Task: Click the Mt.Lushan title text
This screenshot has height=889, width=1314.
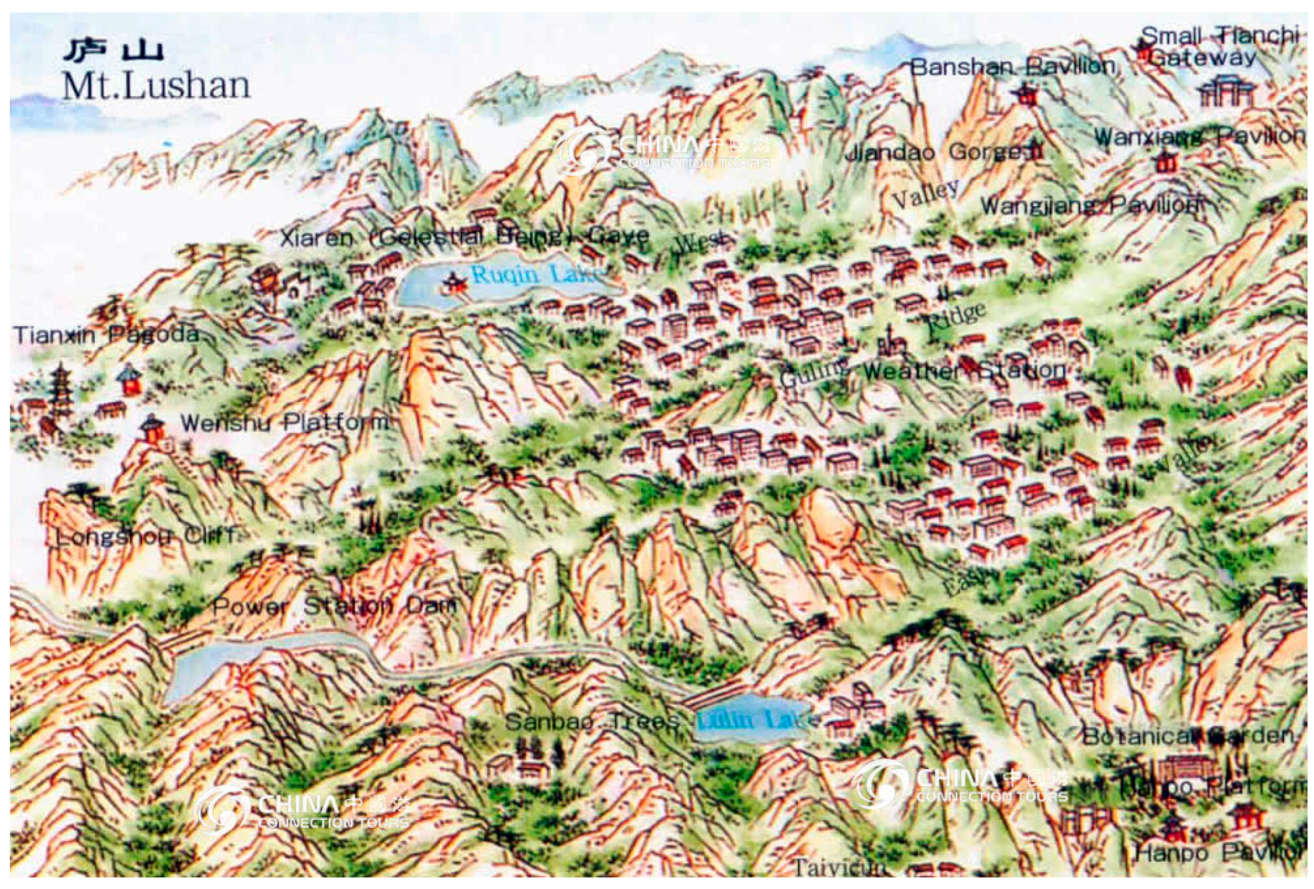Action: [156, 86]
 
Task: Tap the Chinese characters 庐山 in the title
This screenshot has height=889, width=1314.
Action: [113, 51]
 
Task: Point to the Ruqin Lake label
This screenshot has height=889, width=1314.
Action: [535, 276]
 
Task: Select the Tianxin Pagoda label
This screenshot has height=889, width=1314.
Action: [106, 335]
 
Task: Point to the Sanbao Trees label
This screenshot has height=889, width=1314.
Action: [592, 721]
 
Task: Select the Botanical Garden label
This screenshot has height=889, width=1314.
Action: [1187, 736]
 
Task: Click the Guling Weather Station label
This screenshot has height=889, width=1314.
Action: [923, 372]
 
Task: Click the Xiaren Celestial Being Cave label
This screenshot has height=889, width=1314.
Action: [464, 237]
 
